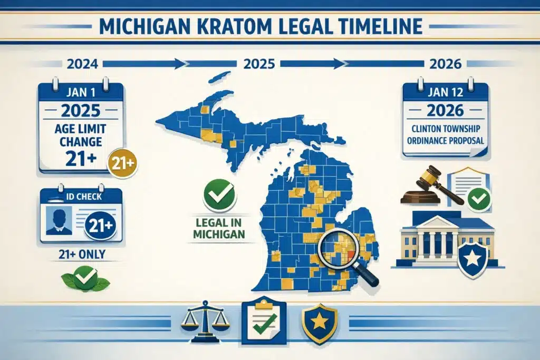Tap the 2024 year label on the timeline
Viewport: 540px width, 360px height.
[x=83, y=64]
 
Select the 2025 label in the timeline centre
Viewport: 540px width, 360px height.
[x=259, y=64]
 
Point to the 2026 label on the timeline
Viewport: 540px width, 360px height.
[x=446, y=64]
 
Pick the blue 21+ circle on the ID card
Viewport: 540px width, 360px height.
[x=100, y=225]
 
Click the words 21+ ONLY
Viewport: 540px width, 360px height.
[x=81, y=255]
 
